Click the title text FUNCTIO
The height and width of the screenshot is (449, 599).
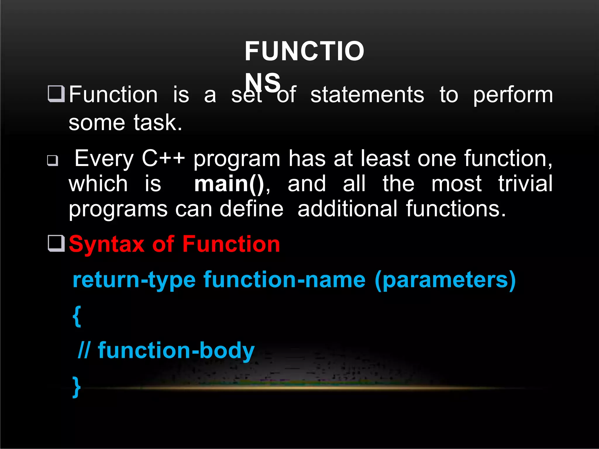(304, 51)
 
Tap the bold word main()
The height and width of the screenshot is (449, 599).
(229, 184)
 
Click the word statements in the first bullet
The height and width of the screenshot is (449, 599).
(367, 95)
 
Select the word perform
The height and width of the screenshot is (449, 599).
(513, 96)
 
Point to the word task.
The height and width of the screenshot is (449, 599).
(158, 123)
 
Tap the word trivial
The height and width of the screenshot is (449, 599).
(525, 184)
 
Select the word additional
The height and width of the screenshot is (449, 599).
(347, 209)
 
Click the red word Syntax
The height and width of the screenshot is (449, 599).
(106, 244)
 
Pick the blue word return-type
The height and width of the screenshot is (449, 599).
(134, 280)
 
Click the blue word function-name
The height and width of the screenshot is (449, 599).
(284, 280)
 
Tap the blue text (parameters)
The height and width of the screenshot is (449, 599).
(445, 280)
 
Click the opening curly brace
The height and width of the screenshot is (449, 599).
(77, 316)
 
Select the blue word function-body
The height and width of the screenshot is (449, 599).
(176, 351)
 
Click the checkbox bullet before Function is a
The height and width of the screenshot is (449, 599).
(56, 94)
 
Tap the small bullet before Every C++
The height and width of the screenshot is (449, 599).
(53, 160)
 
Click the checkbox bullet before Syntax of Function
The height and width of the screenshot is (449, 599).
(56, 243)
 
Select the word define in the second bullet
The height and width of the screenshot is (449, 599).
(251, 209)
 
